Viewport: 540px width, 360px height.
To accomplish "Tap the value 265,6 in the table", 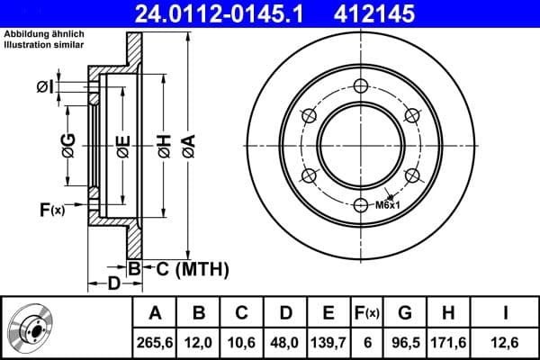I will pos(155,341).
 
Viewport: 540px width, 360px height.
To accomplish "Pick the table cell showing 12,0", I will pos(200,341).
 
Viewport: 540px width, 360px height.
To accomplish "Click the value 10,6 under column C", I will pos(242,341).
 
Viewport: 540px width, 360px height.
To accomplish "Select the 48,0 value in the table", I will pos(285,341).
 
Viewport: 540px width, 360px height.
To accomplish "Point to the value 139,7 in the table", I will pos(328,341).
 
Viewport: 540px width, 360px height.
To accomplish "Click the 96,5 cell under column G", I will pos(405,341).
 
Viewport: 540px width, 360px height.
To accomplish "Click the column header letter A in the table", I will pos(155,313).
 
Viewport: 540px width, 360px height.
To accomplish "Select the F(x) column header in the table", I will pos(367,313).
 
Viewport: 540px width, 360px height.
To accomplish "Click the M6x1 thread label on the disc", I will pos(387,205).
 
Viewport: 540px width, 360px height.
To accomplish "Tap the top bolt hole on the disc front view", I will pos(362,85).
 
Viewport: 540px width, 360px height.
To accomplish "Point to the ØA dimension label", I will pos(187,143).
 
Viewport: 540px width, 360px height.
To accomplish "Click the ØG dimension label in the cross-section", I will pos(67,143).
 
